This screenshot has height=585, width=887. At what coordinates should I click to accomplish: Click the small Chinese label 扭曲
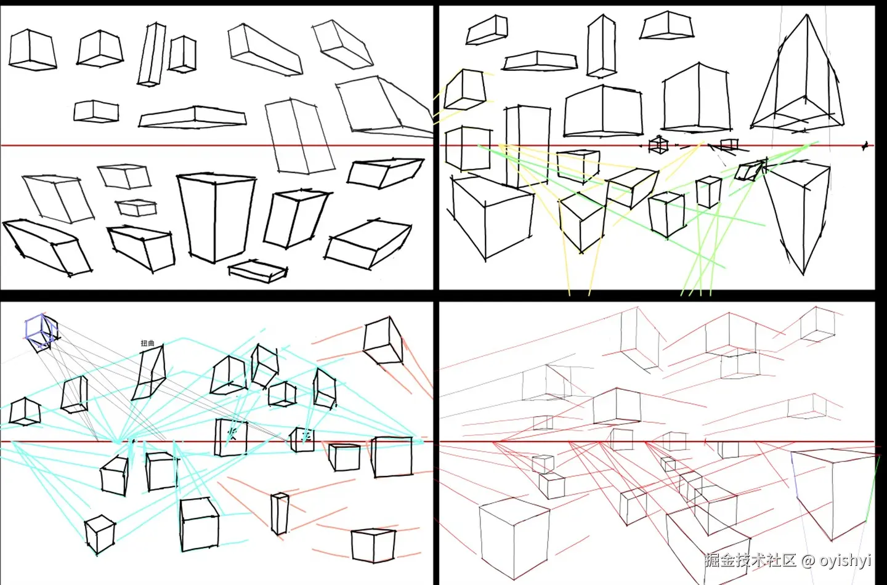tap(148, 343)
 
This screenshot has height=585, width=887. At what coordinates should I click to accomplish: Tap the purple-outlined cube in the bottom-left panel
tap(41, 331)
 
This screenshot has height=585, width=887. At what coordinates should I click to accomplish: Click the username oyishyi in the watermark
tap(845, 560)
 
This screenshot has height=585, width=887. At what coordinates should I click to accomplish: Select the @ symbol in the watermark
tap(808, 560)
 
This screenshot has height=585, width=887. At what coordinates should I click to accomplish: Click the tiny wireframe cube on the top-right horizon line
tap(658, 145)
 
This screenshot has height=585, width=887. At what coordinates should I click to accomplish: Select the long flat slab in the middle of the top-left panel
tap(192, 117)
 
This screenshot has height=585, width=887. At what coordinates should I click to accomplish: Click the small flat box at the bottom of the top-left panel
tap(258, 270)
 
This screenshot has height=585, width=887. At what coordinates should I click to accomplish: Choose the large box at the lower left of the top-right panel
tap(491, 216)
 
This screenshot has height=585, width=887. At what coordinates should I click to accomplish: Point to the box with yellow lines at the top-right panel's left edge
tap(465, 90)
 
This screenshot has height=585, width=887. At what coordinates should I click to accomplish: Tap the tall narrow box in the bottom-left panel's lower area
tap(279, 514)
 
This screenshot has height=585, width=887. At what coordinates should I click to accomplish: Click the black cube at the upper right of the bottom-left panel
tap(383, 341)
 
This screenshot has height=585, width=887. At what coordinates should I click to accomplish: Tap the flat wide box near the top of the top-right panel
tap(540, 61)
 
